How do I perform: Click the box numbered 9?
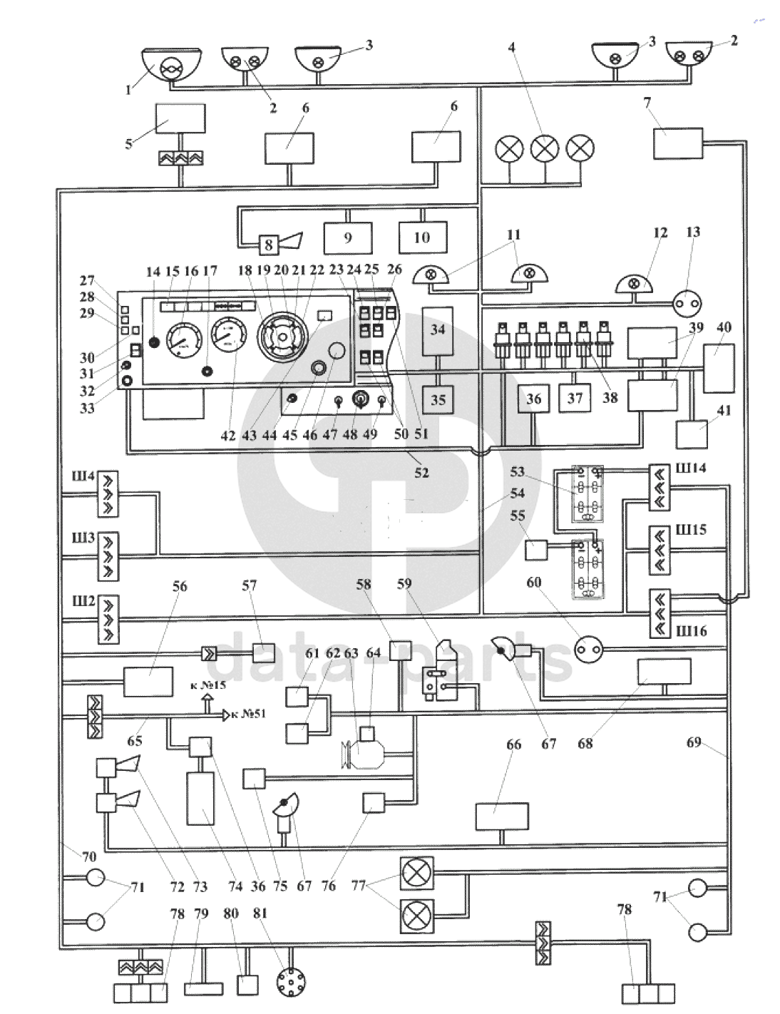pyautogui.click(x=348, y=237)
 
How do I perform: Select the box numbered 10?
pyautogui.click(x=422, y=237)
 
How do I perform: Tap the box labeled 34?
pyautogui.click(x=438, y=330)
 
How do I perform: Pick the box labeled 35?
pyautogui.click(x=438, y=399)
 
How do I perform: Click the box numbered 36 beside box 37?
pyautogui.click(x=534, y=400)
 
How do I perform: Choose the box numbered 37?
pyautogui.click(x=575, y=399)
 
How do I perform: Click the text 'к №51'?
pyautogui.click(x=250, y=714)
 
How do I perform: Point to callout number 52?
pyautogui.click(x=422, y=472)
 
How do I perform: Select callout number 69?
pyautogui.click(x=694, y=743)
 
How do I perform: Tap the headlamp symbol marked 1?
pyautogui.click(x=170, y=69)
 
